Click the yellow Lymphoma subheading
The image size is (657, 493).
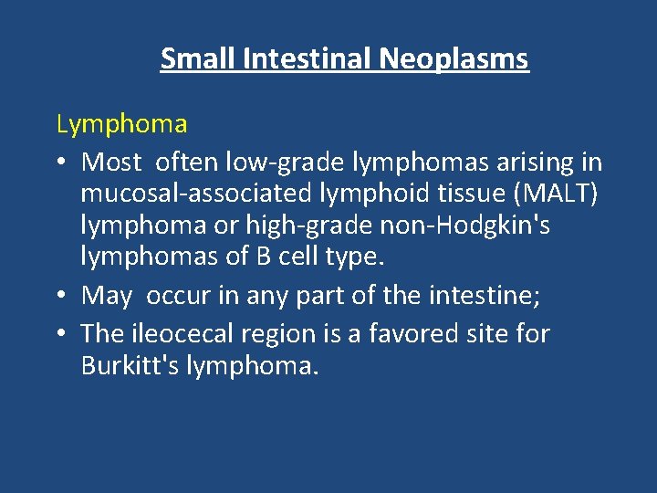tap(121, 124)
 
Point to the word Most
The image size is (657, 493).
tap(111, 163)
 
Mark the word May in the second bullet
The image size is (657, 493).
tap(107, 296)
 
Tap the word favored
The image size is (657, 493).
tap(422, 333)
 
